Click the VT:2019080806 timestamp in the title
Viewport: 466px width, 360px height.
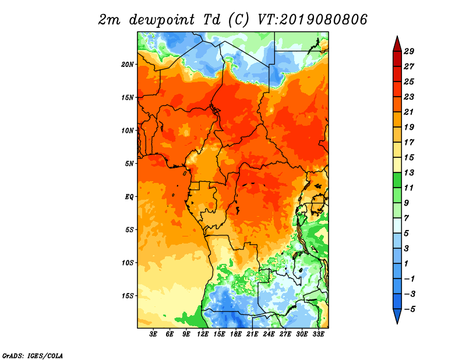pos(313,19)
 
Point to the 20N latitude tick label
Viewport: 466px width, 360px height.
pos(128,64)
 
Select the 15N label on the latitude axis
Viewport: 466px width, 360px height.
pos(128,97)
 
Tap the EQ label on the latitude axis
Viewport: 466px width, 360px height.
pos(129,197)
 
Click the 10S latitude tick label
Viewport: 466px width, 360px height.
pos(128,263)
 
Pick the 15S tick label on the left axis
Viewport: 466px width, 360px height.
pos(128,296)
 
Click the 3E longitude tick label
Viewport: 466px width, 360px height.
pos(154,334)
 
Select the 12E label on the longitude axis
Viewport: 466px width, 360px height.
pos(203,334)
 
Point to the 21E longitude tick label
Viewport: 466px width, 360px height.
pos(253,334)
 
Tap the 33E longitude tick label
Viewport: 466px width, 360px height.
pos(319,334)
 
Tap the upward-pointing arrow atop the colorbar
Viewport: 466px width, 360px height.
pos(396,43)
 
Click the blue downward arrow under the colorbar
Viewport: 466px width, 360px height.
pos(396,317)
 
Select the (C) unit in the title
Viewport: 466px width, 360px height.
pos(238,20)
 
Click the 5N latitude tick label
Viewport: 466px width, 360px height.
pos(129,164)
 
